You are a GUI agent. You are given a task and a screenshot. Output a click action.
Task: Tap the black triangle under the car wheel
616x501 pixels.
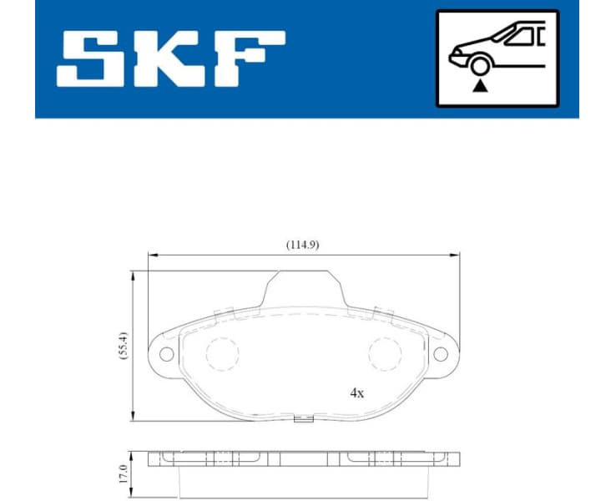478,86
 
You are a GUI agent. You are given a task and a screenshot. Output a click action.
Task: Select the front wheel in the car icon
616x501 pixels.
478,66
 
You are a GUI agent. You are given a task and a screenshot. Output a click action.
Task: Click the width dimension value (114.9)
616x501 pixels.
303,245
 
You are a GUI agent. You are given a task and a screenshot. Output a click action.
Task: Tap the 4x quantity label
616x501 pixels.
357,392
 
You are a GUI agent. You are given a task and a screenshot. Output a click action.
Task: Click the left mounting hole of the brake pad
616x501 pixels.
166,354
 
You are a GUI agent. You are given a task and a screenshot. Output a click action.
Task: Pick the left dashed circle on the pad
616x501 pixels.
222,354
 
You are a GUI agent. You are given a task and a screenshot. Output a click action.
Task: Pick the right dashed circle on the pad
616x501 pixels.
385,354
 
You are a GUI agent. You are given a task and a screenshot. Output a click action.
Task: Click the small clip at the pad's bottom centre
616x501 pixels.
304,419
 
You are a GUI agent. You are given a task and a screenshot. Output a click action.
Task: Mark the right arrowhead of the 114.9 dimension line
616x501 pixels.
456,254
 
